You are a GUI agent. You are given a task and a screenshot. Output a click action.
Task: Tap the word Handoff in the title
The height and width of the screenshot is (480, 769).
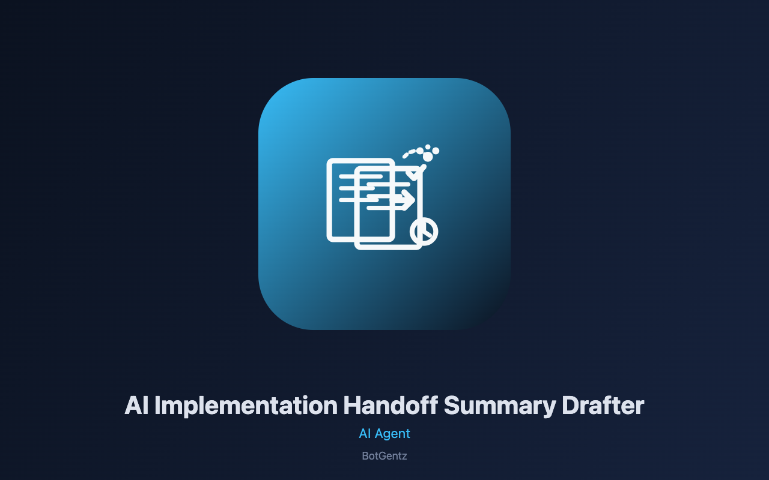pyautogui.click(x=391, y=406)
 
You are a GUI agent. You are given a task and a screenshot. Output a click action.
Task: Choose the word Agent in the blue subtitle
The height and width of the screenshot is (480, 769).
pyautogui.click(x=392, y=434)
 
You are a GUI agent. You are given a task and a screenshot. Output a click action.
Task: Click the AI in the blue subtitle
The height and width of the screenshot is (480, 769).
pyautogui.click(x=365, y=434)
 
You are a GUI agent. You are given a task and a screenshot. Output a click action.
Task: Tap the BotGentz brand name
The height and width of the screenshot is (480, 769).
pyautogui.click(x=384, y=456)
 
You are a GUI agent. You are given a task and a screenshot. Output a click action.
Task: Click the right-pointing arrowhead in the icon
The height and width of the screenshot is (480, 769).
pyautogui.click(x=409, y=200)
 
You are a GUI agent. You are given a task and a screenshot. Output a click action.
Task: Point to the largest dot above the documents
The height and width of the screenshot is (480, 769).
pyautogui.click(x=428, y=157)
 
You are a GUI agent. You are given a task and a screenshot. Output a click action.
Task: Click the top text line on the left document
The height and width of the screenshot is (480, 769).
pyautogui.click(x=360, y=176)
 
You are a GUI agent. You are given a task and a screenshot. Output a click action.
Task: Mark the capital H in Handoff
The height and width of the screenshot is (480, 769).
pyautogui.click(x=352, y=406)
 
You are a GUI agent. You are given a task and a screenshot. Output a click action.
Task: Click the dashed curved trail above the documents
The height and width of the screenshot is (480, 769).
pyautogui.click(x=410, y=153)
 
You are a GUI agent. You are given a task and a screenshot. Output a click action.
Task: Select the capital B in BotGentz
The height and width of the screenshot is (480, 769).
pyautogui.click(x=365, y=456)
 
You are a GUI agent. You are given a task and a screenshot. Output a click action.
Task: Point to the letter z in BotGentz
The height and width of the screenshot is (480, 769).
pyautogui.click(x=405, y=457)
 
